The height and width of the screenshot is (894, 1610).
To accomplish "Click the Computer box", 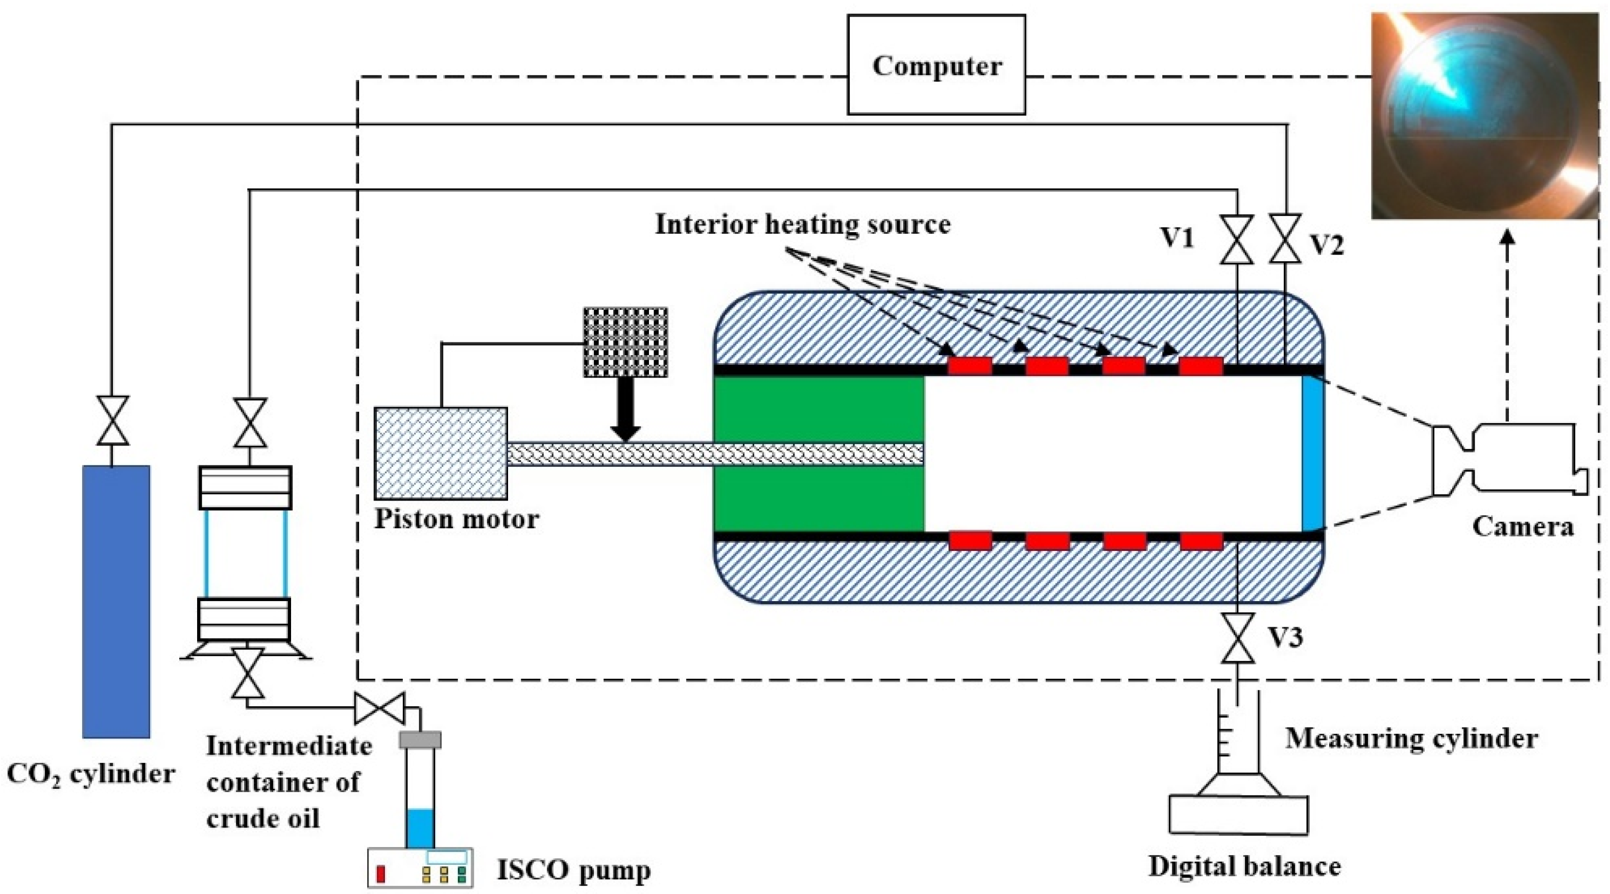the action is pyautogui.click(x=936, y=64).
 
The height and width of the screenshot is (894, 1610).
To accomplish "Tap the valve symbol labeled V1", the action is pyautogui.click(x=1238, y=239).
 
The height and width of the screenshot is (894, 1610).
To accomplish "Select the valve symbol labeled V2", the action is pyautogui.click(x=1286, y=239).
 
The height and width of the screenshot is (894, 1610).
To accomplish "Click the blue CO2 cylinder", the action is pyautogui.click(x=116, y=601).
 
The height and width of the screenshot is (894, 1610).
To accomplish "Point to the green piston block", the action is pyautogui.click(x=819, y=454).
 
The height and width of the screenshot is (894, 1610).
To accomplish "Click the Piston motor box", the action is pyautogui.click(x=441, y=453).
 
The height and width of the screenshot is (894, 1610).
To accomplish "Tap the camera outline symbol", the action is pyautogui.click(x=1509, y=458).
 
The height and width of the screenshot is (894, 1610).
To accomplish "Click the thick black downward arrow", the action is pyautogui.click(x=625, y=409).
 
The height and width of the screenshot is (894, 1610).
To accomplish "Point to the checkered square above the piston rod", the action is pyautogui.click(x=625, y=342).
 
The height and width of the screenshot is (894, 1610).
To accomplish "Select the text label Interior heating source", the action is pyautogui.click(x=803, y=224).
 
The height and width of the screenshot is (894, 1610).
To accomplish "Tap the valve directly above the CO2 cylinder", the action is pyautogui.click(x=112, y=420).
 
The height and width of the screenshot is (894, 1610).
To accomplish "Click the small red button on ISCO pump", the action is pyautogui.click(x=380, y=874).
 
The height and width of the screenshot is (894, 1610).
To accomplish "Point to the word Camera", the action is pyautogui.click(x=1523, y=526).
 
